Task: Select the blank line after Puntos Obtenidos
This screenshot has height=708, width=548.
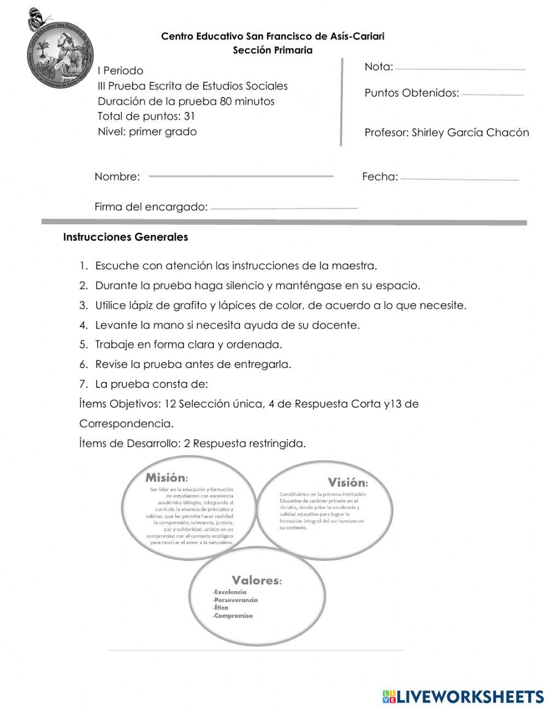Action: [x=492, y=95]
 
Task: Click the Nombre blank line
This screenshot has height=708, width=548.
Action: [x=241, y=176]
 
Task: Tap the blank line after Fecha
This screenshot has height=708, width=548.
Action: [x=459, y=179]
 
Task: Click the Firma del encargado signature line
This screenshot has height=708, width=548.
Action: [x=283, y=208]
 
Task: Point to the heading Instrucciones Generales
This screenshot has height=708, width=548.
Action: [x=125, y=237]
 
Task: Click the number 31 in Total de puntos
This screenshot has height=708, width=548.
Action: [x=190, y=116]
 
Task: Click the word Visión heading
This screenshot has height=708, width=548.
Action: [x=347, y=483]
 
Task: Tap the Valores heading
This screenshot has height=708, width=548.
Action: [x=256, y=580]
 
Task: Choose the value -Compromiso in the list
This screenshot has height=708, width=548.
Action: [x=232, y=616]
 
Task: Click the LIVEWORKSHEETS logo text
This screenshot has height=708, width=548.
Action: [x=469, y=696]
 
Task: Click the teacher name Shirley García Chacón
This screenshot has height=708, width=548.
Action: [x=470, y=133]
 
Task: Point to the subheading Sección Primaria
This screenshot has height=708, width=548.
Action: [x=272, y=50]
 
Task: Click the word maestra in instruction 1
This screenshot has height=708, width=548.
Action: [x=355, y=266]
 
